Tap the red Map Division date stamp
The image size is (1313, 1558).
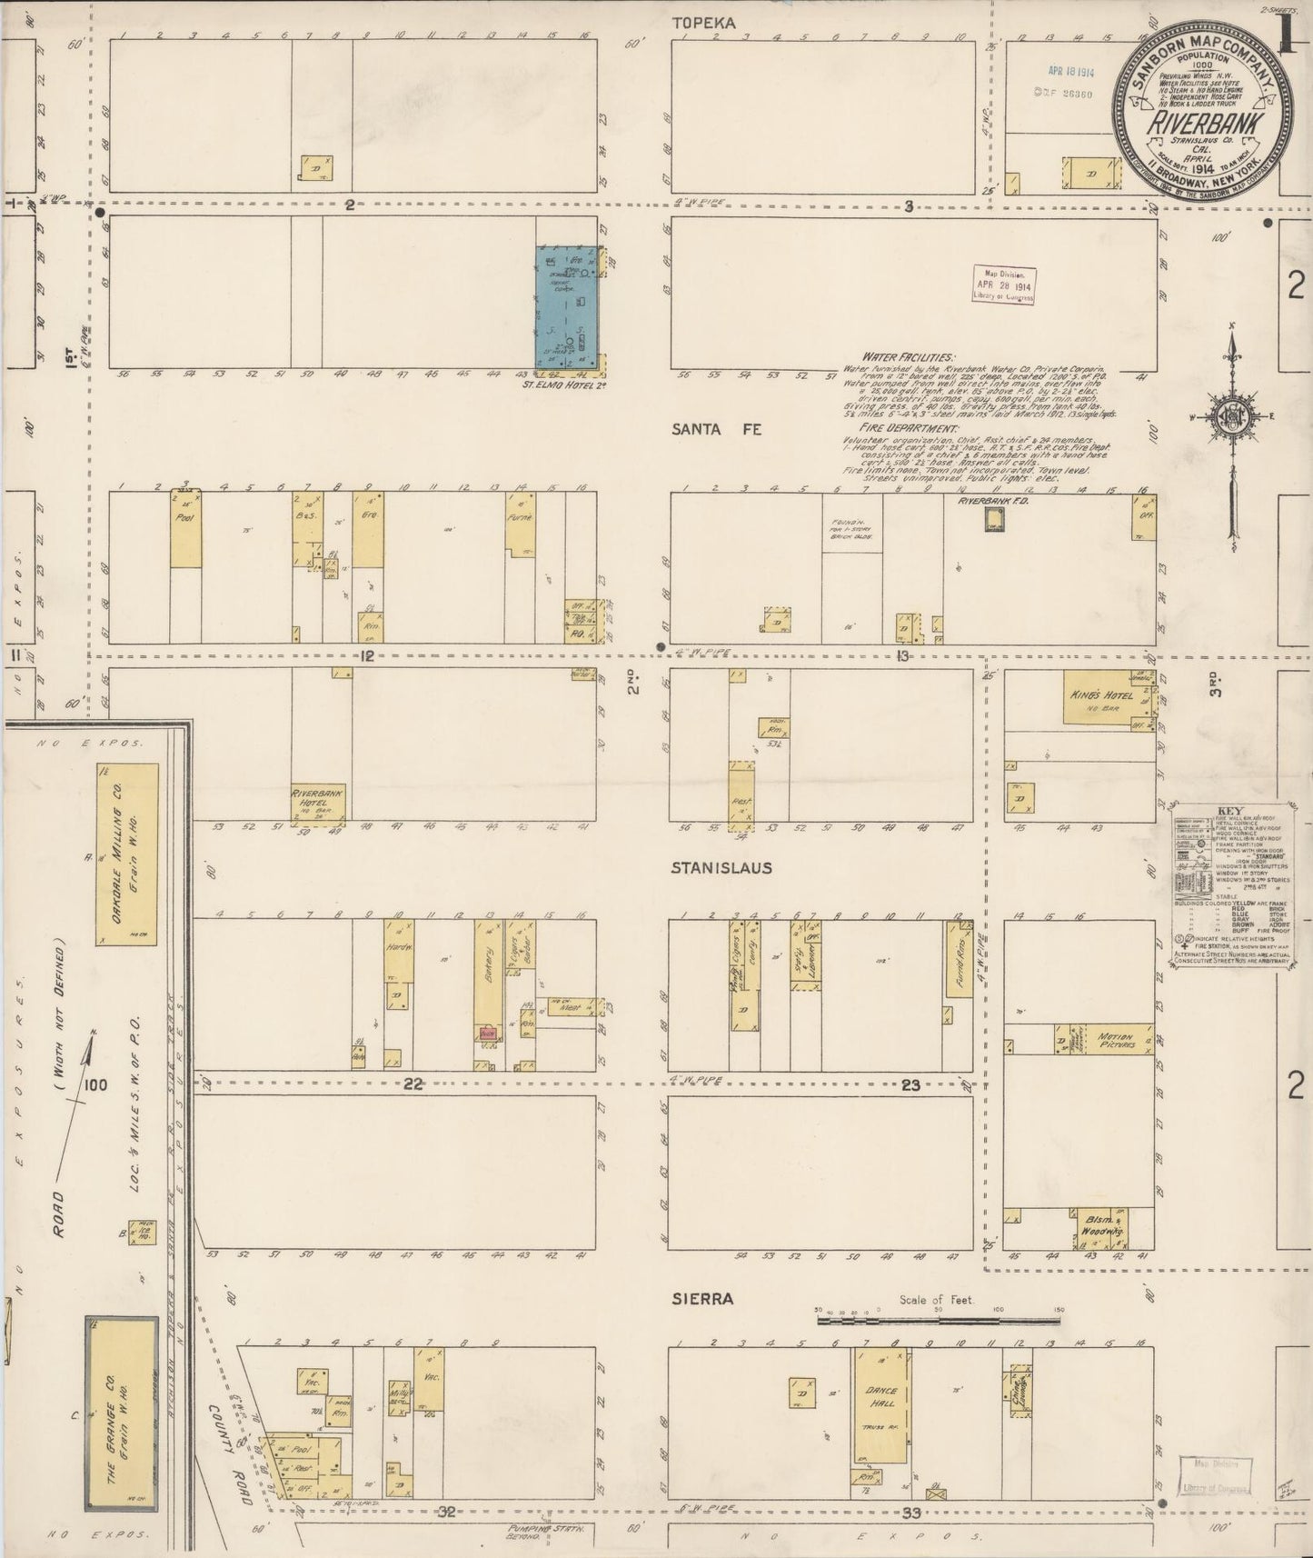point(1003,285)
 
